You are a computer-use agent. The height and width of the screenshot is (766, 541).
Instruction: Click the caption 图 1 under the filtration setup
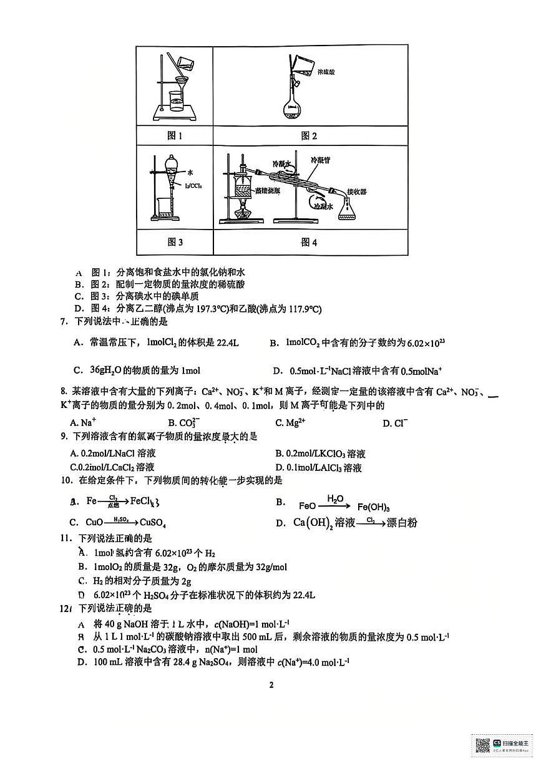point(174,135)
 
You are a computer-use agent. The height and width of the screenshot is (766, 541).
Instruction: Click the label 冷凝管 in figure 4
point(321,160)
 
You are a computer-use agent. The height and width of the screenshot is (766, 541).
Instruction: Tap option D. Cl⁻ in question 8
point(395,423)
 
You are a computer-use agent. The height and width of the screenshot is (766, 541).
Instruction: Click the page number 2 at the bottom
point(271,685)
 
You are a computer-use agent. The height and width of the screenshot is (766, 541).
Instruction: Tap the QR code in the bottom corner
point(482,745)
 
